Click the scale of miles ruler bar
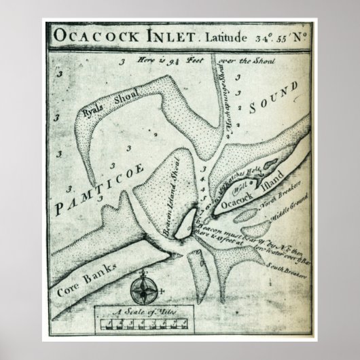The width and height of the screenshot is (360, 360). [144, 323]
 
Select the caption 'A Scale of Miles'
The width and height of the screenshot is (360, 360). [143, 311]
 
